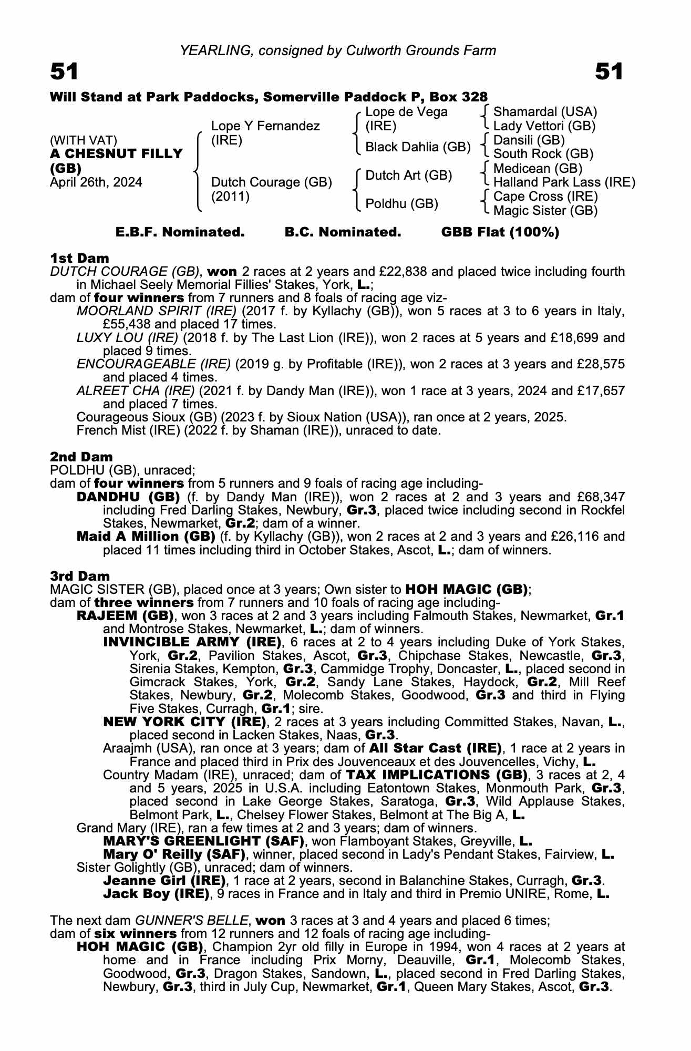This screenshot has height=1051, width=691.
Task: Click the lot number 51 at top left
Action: click(x=64, y=72)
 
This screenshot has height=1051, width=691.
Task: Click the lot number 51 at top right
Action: click(x=609, y=72)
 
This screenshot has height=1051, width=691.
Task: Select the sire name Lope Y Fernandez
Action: click(x=265, y=126)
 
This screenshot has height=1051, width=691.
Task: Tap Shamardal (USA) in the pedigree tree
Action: click(x=545, y=112)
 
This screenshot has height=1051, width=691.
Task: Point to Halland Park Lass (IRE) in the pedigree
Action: click(x=564, y=182)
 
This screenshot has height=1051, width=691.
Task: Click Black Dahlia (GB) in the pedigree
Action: click(x=418, y=147)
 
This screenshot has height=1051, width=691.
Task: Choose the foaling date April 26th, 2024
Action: click(x=96, y=182)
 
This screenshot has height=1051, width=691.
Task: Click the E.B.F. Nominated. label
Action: click(x=180, y=232)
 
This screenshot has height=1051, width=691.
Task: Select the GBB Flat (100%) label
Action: click(x=500, y=232)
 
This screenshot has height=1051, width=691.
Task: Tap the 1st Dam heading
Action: click(x=79, y=258)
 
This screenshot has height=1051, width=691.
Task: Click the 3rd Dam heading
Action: click(x=80, y=576)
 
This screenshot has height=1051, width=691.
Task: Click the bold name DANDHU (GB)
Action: click(x=128, y=497)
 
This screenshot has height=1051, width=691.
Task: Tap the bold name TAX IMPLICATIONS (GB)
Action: click(x=436, y=775)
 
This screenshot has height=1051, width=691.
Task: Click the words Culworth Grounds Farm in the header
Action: click(x=421, y=50)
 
